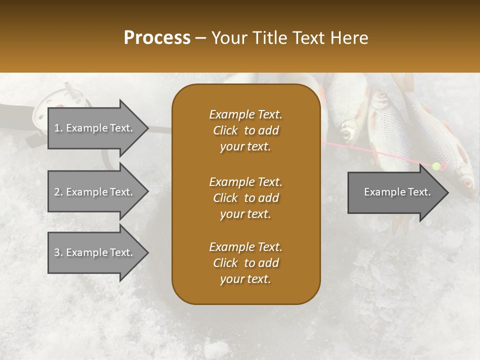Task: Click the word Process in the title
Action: [x=157, y=38]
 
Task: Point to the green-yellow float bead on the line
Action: [x=436, y=166]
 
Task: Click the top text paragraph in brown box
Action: [x=245, y=130]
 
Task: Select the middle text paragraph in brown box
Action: [x=245, y=198]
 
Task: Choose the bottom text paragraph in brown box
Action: [x=245, y=263]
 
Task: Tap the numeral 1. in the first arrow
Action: [x=58, y=128]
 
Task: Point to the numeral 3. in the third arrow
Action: [x=58, y=252]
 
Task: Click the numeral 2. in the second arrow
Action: [x=58, y=192]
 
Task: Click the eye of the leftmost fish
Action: [x=345, y=134]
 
